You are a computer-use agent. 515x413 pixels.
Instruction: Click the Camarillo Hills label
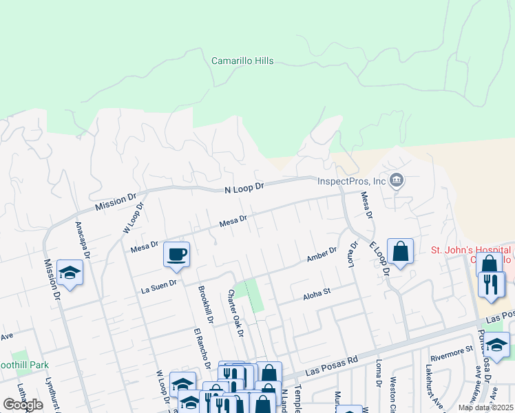(242, 61)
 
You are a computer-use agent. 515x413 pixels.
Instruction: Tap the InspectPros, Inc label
(351, 182)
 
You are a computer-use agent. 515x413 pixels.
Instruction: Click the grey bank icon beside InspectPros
(397, 182)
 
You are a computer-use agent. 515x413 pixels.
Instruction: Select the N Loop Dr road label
(244, 187)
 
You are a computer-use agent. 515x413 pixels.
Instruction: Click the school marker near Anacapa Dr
(70, 273)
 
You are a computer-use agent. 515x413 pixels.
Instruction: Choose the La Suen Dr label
(160, 282)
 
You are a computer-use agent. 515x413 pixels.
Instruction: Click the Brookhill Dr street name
(204, 304)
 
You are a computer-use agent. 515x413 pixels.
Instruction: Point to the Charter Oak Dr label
(236, 313)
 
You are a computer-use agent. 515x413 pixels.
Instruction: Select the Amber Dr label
(322, 255)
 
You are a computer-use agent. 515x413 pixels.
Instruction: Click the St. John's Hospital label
(471, 254)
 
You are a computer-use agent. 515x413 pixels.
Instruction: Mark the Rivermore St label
(450, 350)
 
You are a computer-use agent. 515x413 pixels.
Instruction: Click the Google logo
(23, 405)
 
